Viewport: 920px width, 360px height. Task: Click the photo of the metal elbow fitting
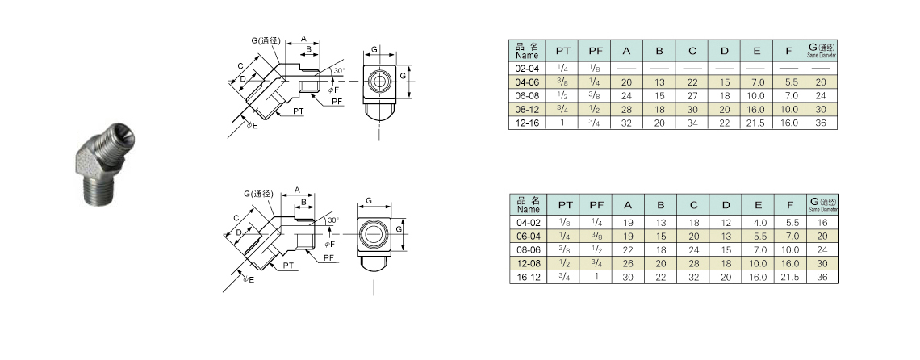click(109, 167)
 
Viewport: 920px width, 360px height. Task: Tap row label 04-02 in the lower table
click(528, 222)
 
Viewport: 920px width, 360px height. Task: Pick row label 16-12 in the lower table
click(528, 277)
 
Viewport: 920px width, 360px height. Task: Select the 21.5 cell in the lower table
click(790, 277)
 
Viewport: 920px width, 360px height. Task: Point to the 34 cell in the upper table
click(692, 123)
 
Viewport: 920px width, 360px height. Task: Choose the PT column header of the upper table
click(563, 52)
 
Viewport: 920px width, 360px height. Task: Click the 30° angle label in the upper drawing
click(338, 72)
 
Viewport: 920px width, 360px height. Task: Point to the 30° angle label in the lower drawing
click(332, 220)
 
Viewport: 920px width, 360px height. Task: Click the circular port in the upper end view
click(376, 81)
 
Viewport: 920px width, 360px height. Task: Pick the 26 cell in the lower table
click(626, 263)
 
